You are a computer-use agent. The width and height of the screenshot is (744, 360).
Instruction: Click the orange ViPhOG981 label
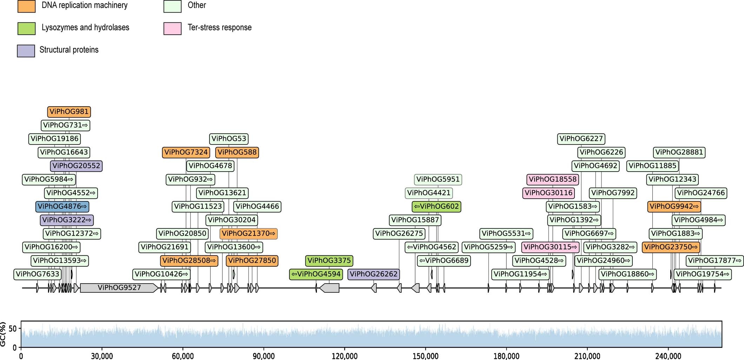[69, 112]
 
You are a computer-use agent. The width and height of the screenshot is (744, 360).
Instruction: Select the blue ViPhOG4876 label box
[62, 207]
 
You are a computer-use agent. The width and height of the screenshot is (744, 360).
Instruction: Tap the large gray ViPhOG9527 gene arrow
[119, 288]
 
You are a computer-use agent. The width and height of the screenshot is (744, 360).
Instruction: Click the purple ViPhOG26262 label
[373, 274]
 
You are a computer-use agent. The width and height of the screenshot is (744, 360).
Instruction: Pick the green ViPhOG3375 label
[329, 261]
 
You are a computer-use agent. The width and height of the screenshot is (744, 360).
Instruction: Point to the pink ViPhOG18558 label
[552, 180]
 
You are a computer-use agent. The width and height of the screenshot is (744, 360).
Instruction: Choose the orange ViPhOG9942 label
[674, 207]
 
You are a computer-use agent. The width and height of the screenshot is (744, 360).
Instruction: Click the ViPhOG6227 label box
[581, 139]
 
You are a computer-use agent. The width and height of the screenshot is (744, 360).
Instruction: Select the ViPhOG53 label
[229, 139]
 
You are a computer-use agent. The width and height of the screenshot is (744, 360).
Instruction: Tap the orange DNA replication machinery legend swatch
[27, 6]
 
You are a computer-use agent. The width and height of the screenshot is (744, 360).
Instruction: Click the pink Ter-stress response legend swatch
[172, 28]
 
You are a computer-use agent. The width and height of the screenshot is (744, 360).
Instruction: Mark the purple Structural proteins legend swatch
[26, 51]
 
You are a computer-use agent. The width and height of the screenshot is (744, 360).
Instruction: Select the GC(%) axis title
[4, 334]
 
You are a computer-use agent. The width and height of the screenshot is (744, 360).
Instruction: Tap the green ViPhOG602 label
[436, 207]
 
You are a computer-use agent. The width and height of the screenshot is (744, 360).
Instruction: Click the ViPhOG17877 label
[714, 261]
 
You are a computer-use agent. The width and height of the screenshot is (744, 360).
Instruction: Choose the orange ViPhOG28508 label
[189, 261]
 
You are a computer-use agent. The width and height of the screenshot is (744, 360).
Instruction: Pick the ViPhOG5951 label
[438, 180]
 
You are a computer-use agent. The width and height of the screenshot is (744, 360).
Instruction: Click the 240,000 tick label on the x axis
[668, 356]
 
